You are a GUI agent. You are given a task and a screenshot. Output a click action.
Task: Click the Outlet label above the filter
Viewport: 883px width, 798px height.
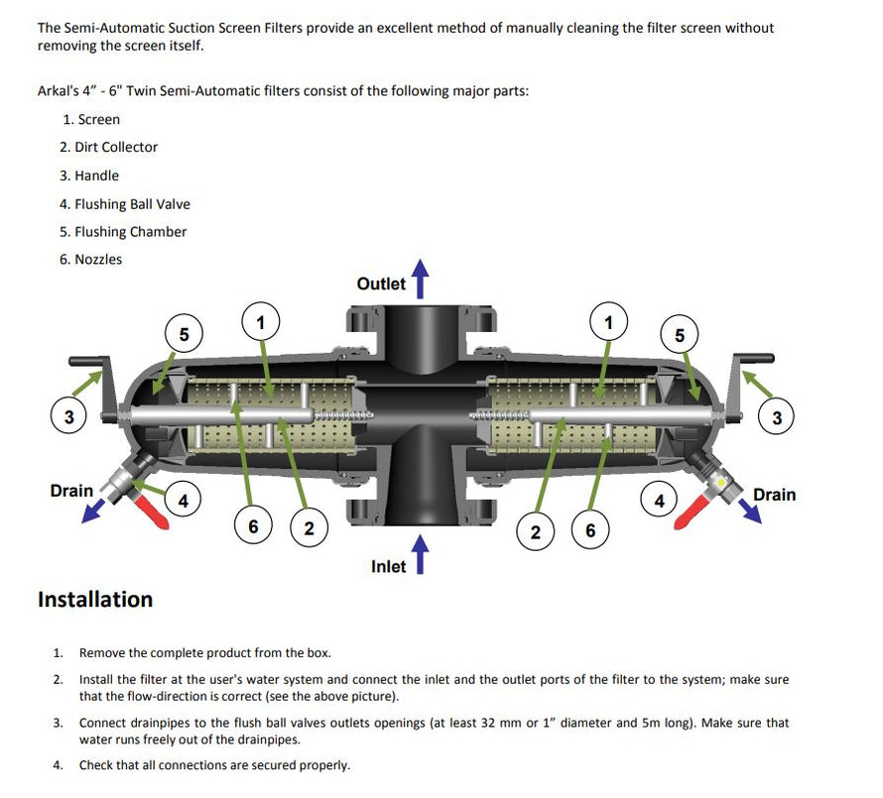[x=381, y=284]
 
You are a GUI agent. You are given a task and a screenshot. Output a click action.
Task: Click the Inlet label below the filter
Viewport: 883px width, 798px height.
[x=388, y=566]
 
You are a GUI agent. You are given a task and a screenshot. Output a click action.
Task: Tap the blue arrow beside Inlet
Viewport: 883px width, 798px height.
[x=421, y=554]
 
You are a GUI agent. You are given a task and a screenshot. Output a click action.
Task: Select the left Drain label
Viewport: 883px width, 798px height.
[x=71, y=490]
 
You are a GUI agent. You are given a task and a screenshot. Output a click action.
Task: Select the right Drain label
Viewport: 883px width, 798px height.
[x=774, y=494]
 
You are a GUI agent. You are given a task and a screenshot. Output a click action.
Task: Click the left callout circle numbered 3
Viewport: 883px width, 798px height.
[x=68, y=417]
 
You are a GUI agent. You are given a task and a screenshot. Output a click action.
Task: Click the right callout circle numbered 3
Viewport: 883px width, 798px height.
[x=776, y=417]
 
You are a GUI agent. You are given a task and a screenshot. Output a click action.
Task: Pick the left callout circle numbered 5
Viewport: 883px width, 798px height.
[x=184, y=334]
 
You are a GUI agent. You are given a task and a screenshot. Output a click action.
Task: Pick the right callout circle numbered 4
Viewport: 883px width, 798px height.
[x=659, y=500]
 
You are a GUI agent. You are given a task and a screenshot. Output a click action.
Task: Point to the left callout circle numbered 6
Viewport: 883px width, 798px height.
[x=253, y=526]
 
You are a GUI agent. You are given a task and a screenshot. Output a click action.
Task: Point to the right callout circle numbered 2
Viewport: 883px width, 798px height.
[x=536, y=532]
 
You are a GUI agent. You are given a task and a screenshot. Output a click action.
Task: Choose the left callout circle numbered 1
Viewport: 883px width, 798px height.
[x=261, y=322]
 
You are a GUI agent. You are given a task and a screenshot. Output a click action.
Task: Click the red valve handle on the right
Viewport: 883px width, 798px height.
[x=691, y=513]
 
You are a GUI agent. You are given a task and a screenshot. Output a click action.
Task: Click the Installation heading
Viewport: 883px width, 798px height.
[x=95, y=600]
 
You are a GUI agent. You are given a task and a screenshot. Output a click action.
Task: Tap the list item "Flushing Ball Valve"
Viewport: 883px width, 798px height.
[x=124, y=204]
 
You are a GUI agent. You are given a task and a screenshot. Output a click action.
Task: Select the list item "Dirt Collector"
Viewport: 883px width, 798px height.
[x=108, y=147]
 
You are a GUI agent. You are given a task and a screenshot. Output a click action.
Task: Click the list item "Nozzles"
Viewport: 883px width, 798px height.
[x=90, y=260]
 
